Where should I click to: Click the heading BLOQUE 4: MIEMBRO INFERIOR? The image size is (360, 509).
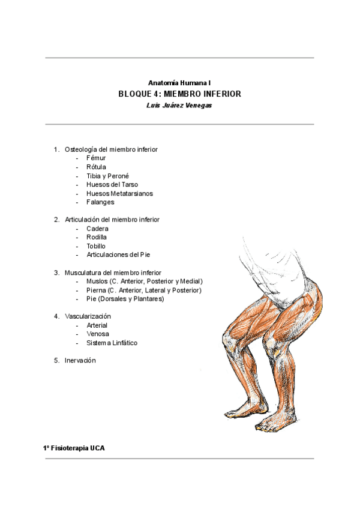pos(180,94)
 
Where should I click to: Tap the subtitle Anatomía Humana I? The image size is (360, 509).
pos(179,82)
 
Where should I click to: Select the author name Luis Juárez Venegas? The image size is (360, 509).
pos(180,105)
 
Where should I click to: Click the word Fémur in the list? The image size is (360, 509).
pos(96,158)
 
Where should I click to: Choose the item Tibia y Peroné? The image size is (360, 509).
pos(108,176)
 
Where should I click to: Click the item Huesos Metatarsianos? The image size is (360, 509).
pos(119,193)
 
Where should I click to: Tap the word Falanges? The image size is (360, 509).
pos(100,202)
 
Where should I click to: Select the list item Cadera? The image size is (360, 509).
pos(97,229)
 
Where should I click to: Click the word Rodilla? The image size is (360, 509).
pos(97,237)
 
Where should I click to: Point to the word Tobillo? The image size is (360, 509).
pos(96,246)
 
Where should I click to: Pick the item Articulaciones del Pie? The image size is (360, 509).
pos(118,254)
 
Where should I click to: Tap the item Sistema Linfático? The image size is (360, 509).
pos(112,343)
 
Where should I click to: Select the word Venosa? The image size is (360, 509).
pos(98,334)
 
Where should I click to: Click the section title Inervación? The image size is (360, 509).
pos(80,360)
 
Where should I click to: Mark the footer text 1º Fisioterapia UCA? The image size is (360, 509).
pos(73,448)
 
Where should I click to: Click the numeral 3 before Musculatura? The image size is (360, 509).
pos(56,273)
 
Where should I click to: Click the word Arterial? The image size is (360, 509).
pos(97,325)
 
